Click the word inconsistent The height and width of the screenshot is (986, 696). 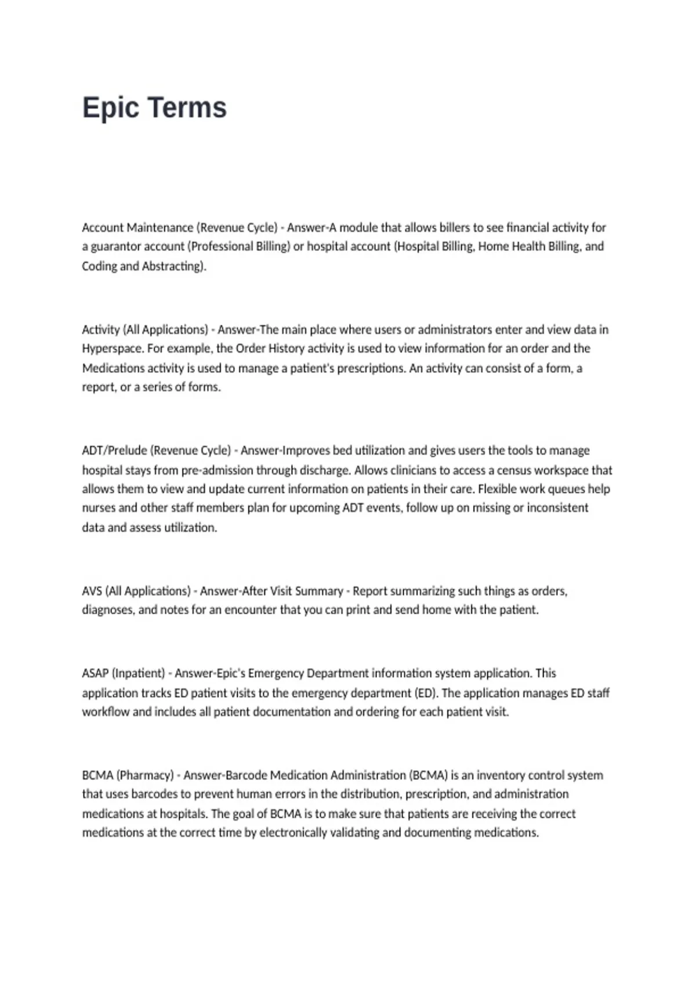tap(557, 508)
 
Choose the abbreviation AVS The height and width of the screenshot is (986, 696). tap(92, 591)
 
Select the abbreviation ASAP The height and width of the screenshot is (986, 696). tap(95, 673)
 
